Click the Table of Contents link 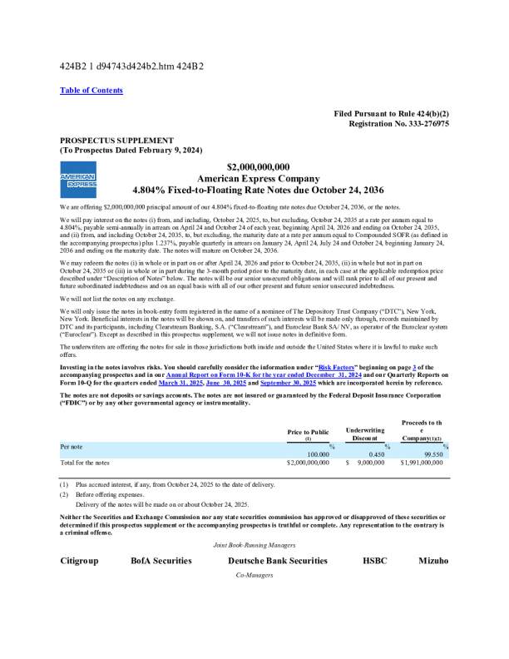click(91, 91)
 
